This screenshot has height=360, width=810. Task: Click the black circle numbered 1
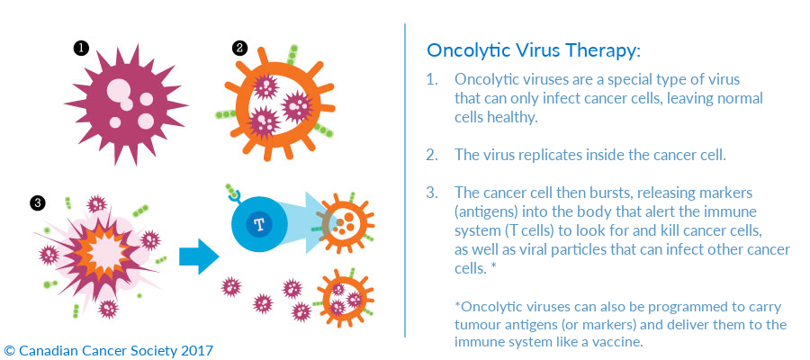click(x=81, y=49)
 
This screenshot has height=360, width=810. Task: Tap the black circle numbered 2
click(x=240, y=49)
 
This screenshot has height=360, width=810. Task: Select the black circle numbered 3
click(x=37, y=203)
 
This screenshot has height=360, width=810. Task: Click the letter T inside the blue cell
click(x=258, y=223)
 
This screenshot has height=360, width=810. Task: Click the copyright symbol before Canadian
click(x=9, y=351)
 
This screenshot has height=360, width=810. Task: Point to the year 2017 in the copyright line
click(x=197, y=351)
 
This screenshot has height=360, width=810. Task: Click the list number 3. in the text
click(x=432, y=193)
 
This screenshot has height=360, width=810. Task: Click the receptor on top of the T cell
click(x=233, y=193)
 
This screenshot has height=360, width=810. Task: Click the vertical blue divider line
click(x=405, y=180)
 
